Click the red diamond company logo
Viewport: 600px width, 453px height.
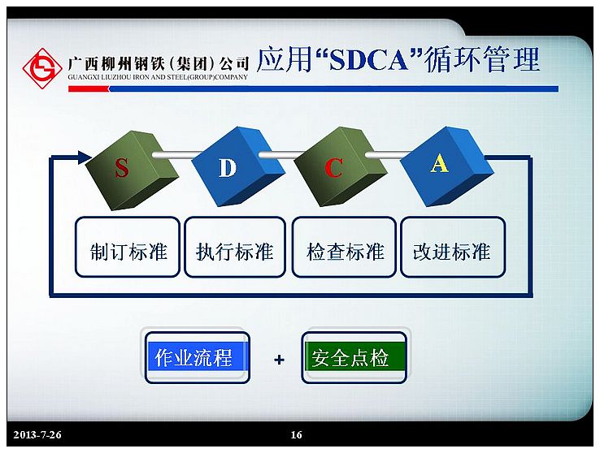[42, 68]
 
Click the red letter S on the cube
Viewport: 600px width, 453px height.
[122, 168]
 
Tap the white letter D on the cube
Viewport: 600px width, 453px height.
[228, 168]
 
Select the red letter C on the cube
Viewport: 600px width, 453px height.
[333, 168]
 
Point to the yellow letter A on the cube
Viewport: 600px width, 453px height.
[439, 163]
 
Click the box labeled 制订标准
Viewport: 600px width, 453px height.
[128, 247]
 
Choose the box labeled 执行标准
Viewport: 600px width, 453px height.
[235, 247]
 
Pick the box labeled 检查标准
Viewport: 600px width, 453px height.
[344, 247]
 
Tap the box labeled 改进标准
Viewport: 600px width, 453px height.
[453, 247]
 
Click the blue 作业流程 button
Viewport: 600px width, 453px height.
[197, 357]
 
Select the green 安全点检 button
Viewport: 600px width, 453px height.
[354, 357]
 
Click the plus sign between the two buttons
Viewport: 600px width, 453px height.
[280, 360]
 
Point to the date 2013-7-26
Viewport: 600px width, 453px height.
[37, 434]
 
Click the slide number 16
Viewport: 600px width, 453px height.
[296, 434]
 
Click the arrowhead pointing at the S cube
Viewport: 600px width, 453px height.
[85, 157]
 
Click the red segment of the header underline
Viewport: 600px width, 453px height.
[89, 89]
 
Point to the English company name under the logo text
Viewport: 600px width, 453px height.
[158, 77]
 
